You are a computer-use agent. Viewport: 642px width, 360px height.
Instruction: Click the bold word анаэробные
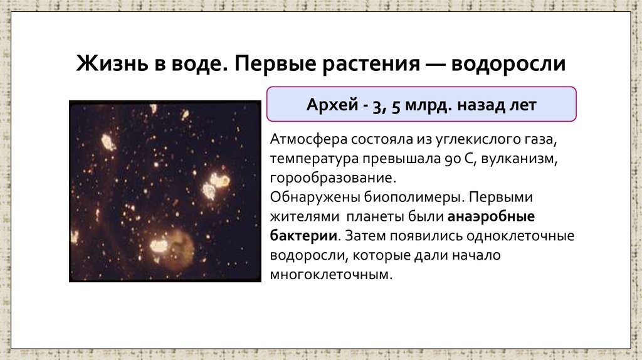490,217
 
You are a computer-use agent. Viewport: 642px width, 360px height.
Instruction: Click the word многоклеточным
331,275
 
